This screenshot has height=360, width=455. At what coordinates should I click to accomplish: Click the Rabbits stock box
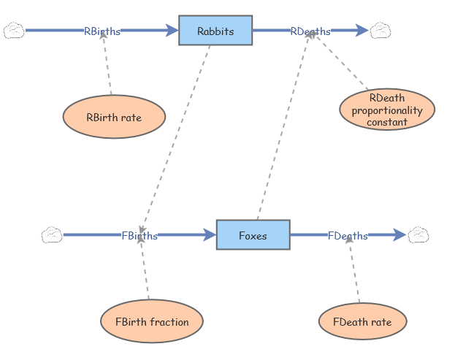pos(215,31)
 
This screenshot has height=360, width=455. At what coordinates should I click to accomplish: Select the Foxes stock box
pos(253,235)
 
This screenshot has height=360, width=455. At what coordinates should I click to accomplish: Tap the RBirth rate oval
pos(114,117)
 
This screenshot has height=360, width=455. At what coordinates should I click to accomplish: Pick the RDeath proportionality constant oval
pos(387,110)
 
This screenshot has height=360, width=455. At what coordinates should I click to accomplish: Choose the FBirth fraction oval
pos(152,321)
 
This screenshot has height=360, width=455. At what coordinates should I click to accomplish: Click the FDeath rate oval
pos(362,321)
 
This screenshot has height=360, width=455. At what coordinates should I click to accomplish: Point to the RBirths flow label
pos(102,31)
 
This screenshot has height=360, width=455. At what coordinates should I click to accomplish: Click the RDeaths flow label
pos(310,31)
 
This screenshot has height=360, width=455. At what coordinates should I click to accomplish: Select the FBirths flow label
pos(139,235)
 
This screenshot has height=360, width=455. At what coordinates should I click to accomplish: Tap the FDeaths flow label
pos(348,235)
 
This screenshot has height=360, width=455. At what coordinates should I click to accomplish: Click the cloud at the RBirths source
pos(15,31)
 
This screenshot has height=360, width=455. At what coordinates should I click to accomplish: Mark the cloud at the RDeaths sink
pos(380,31)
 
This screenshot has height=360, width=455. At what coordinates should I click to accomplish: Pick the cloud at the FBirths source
pos(52,235)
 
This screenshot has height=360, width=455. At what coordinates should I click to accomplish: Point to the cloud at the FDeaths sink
pos(418,235)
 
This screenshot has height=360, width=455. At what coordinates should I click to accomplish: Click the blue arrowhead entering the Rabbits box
pos(172,31)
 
